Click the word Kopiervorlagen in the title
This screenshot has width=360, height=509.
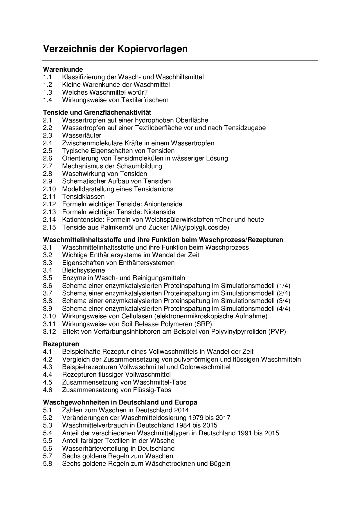pos(152,49)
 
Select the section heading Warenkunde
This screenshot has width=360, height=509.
pos(63,69)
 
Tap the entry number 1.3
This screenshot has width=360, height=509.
pos(47,92)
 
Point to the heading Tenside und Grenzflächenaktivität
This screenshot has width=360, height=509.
pos(97,112)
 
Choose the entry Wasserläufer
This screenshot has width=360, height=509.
pos(82,135)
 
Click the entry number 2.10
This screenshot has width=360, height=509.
pos(49,189)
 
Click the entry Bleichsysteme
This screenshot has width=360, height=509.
pos(83,270)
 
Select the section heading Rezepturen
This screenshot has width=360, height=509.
pos(61,344)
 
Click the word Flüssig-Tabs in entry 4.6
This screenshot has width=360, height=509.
pos(153,390)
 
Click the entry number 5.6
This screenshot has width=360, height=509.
pos(47,448)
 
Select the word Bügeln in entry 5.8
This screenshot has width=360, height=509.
pos(220,463)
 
